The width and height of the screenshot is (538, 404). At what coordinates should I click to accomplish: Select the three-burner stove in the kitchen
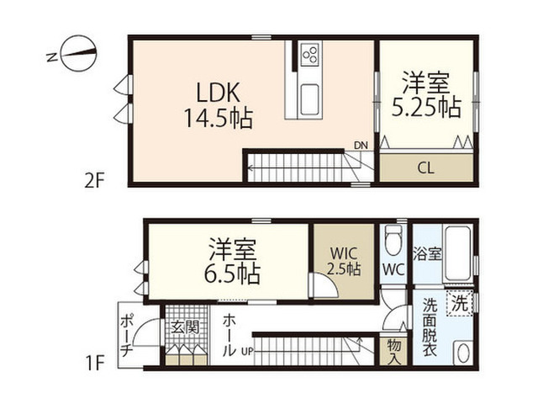coord(310,55)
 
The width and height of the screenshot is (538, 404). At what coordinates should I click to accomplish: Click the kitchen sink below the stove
coord(310,100)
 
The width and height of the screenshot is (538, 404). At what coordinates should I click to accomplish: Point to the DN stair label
coord(361,146)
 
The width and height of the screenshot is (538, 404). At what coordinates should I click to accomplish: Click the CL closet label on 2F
coord(426,168)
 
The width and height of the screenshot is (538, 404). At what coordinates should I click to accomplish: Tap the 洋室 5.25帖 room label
coord(426,94)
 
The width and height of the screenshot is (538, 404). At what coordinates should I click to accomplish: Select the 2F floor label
coord(94,180)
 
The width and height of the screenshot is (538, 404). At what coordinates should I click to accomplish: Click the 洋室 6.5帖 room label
coord(232,261)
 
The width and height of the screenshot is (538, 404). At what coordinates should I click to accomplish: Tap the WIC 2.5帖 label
coord(344,262)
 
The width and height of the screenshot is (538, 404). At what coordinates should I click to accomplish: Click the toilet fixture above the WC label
coord(393,239)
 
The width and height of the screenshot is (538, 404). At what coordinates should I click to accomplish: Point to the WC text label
coord(393,270)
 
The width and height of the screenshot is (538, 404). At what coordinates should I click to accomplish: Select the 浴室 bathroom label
coord(427,254)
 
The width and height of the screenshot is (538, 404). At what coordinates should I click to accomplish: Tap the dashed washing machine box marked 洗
coord(459,303)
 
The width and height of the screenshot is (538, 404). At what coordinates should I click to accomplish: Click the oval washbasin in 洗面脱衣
coord(462,352)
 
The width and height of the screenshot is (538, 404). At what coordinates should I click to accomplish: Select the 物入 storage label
coord(393,352)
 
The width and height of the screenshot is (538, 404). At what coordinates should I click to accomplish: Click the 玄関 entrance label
coord(186,327)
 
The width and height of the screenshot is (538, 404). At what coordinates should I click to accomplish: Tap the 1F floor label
coord(94,363)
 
